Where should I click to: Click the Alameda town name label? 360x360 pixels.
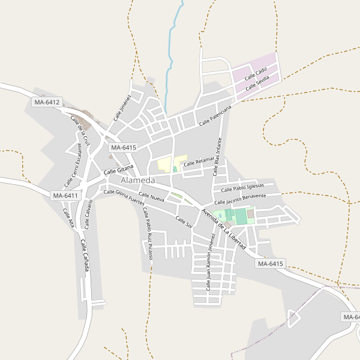click(x=137, y=181)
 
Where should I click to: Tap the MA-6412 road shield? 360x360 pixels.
click(x=47, y=103)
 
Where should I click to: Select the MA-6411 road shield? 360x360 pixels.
click(x=65, y=196)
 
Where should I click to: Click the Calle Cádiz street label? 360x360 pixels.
click(x=256, y=75)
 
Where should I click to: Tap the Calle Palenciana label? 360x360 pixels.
click(x=215, y=116)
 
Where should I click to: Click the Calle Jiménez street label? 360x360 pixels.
click(x=122, y=107)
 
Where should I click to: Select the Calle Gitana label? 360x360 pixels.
click(x=118, y=172)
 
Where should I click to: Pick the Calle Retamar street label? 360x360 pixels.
click(x=199, y=162)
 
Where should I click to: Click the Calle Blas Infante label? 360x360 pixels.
click(x=218, y=157)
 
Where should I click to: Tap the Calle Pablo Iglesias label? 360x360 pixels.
click(x=243, y=187)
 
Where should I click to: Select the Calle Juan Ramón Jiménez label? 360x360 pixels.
click(x=211, y=263)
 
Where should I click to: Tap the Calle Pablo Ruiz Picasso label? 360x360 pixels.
click(x=148, y=233)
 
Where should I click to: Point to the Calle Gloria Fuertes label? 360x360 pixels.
click(x=124, y=196)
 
